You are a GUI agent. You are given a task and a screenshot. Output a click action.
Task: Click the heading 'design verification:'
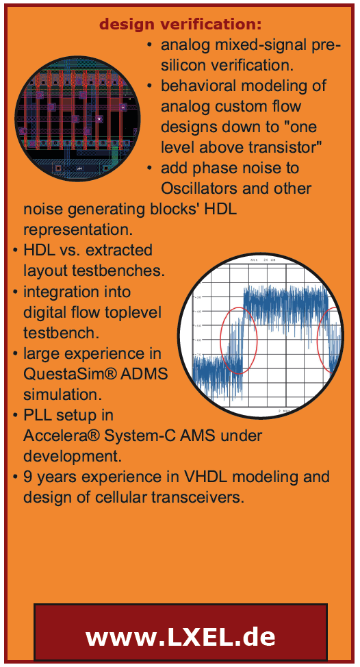point(180,25)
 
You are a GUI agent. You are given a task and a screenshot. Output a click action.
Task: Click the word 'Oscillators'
point(198,188)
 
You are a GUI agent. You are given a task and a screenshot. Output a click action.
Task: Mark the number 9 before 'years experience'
point(28,477)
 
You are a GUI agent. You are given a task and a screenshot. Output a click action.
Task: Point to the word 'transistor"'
point(285,147)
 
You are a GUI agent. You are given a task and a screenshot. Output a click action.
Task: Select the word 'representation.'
point(78,229)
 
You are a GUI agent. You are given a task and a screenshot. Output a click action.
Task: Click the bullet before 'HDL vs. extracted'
point(15,250)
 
